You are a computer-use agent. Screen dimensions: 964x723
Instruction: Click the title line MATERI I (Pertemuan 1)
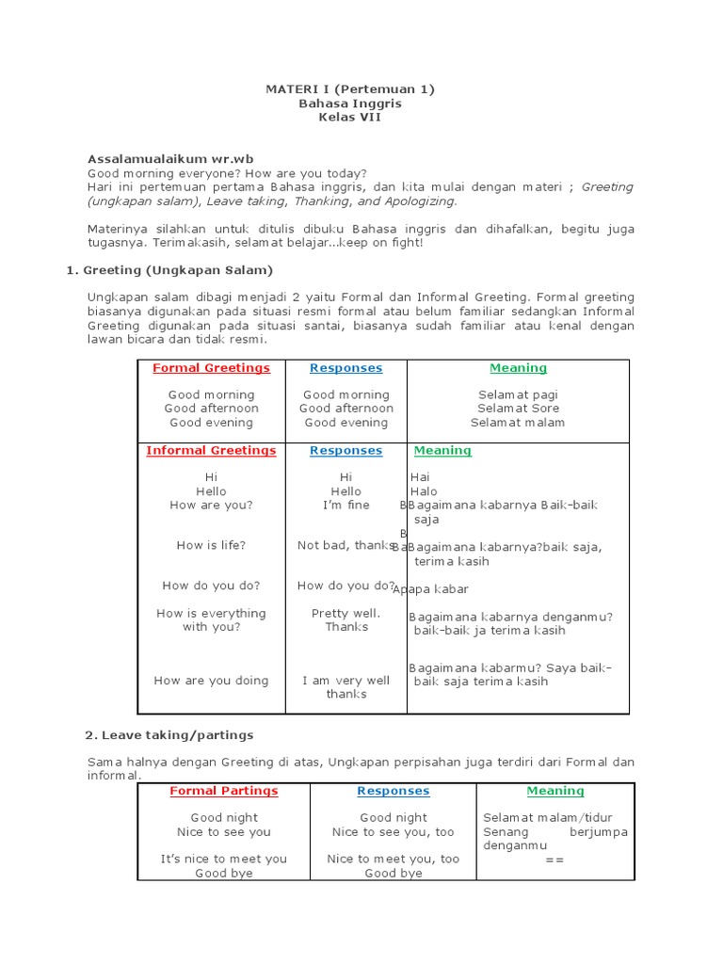tap(349, 89)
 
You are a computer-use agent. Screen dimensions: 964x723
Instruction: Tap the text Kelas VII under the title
tap(349, 118)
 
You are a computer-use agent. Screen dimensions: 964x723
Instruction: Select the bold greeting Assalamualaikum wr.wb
tap(170, 159)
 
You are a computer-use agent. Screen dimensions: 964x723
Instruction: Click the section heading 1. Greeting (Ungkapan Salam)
tap(169, 270)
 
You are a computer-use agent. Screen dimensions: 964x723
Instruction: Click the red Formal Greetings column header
tap(211, 368)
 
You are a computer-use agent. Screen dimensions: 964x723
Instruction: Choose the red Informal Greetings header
tap(211, 451)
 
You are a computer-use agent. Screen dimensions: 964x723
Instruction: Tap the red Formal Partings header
tap(223, 791)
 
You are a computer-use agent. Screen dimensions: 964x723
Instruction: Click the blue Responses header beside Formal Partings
tap(394, 791)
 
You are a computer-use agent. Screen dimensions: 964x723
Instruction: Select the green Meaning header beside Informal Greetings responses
tap(442, 451)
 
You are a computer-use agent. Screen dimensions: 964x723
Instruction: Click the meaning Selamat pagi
tap(518, 395)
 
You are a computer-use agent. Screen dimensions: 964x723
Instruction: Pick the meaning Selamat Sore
tap(518, 409)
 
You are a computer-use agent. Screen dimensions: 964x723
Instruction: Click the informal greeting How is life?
tap(211, 545)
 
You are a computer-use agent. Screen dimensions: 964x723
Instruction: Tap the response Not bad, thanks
tap(345, 545)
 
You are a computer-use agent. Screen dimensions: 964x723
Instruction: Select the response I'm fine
tap(345, 506)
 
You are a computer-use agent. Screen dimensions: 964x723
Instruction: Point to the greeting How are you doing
tap(211, 681)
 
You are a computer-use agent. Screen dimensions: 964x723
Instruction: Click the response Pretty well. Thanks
tap(345, 619)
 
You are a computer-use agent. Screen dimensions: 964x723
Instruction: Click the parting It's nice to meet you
tap(223, 859)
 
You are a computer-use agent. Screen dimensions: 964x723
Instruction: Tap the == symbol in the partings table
tap(554, 859)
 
